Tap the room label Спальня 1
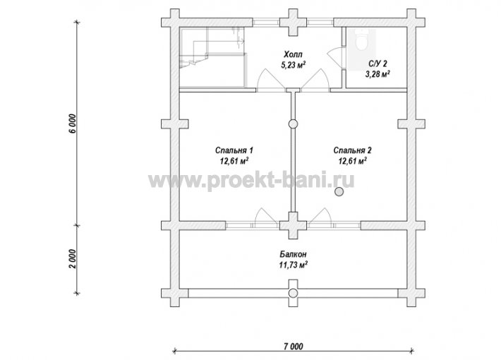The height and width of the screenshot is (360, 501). click(234, 150)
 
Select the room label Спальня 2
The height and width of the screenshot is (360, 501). click(352, 150)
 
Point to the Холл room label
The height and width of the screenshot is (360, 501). click(293, 54)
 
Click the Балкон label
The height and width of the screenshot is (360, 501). click(293, 254)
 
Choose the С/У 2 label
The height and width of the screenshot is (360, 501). click(378, 64)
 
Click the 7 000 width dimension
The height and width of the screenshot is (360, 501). click(293, 346)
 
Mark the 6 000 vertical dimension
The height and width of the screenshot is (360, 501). click(73, 124)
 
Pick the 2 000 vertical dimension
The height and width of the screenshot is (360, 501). click(73, 259)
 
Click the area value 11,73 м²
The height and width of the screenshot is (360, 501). click(293, 265)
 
